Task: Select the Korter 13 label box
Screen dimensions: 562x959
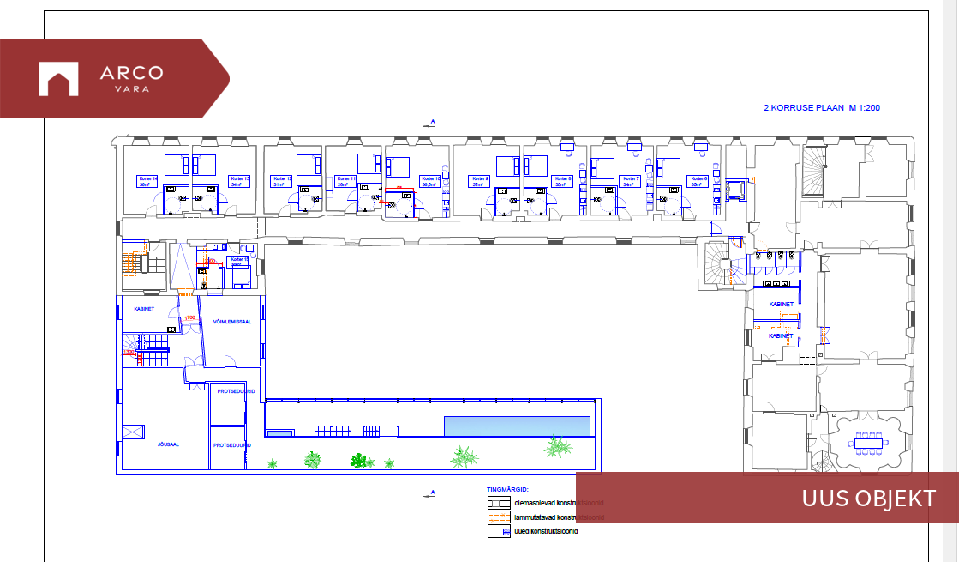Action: click(240, 181)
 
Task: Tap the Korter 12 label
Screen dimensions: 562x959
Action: click(283, 181)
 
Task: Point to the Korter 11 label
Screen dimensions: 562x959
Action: click(347, 181)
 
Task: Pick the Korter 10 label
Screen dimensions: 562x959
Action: click(431, 181)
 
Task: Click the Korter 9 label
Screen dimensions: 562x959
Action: click(480, 181)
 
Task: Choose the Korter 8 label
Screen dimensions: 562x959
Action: click(563, 181)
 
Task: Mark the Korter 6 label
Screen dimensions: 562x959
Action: click(699, 181)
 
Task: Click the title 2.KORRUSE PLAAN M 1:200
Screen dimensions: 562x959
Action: click(822, 108)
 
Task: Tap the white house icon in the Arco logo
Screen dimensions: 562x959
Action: click(58, 79)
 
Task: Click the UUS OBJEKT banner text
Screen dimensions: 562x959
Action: click(868, 498)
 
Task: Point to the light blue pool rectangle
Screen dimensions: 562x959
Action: click(518, 426)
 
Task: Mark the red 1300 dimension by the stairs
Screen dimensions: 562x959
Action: click(130, 352)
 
